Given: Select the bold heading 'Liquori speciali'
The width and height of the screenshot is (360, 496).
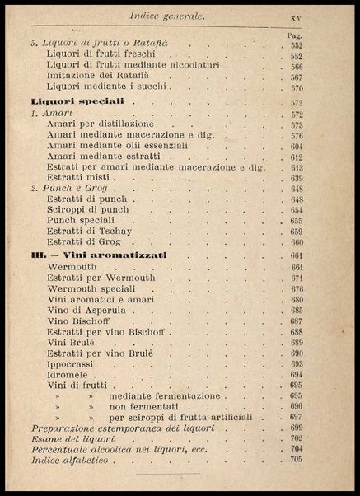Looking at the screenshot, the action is (82, 101).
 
